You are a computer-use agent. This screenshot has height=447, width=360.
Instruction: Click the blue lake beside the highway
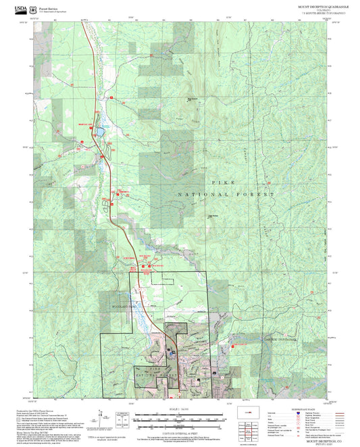point(100,130)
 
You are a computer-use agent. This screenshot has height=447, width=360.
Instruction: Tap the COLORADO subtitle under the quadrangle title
point(324,10)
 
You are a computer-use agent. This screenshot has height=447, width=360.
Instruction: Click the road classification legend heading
point(311,409)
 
